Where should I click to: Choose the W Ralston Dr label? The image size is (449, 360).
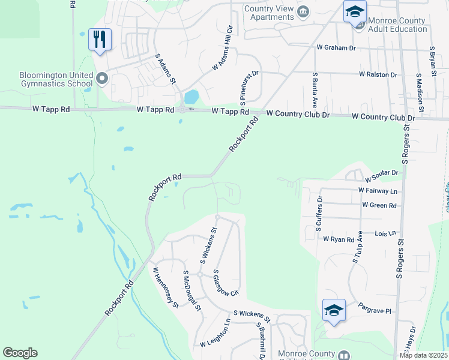tap(378, 74)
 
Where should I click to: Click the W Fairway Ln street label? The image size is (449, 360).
tap(378, 190)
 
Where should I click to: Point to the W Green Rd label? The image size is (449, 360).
tap(379, 205)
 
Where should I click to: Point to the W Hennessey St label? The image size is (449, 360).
tap(166, 288)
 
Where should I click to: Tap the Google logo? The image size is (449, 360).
tap(20, 353)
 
